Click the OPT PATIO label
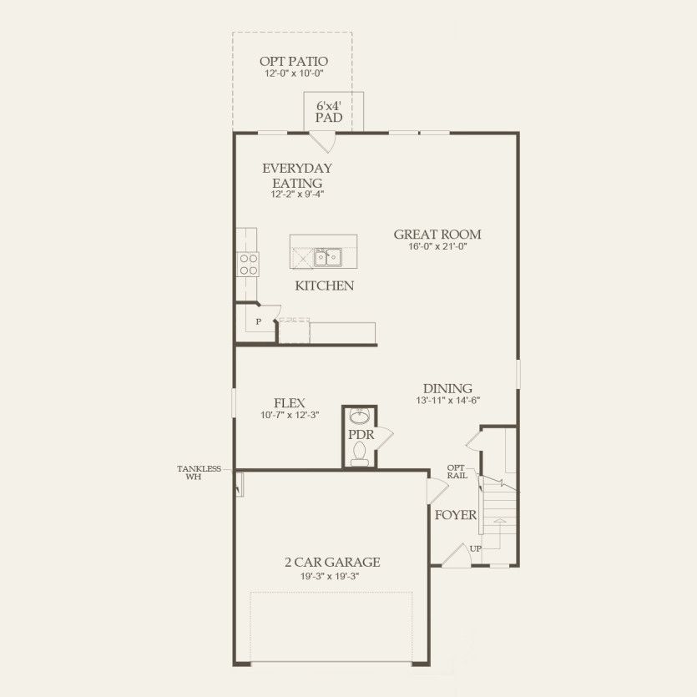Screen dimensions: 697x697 click(292, 61)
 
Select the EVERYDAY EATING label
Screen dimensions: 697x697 click(296, 175)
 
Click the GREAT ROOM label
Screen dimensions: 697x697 click(437, 235)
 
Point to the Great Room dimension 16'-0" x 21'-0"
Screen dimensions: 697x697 click(437, 247)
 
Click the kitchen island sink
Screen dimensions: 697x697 click(327, 257)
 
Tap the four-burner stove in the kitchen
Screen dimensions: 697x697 click(249, 265)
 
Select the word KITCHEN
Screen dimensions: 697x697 click(324, 286)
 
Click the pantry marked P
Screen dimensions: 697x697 click(259, 321)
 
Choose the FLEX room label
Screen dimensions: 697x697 click(285, 402)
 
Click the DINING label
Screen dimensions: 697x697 click(447, 388)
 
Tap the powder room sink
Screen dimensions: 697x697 click(360, 417)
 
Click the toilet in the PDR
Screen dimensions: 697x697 click(360, 453)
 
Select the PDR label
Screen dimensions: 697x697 click(360, 435)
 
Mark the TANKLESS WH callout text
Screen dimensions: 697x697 click(199, 472)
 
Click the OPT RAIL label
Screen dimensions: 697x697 click(456, 472)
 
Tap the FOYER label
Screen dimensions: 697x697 click(456, 515)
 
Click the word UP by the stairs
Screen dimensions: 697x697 click(476, 548)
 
